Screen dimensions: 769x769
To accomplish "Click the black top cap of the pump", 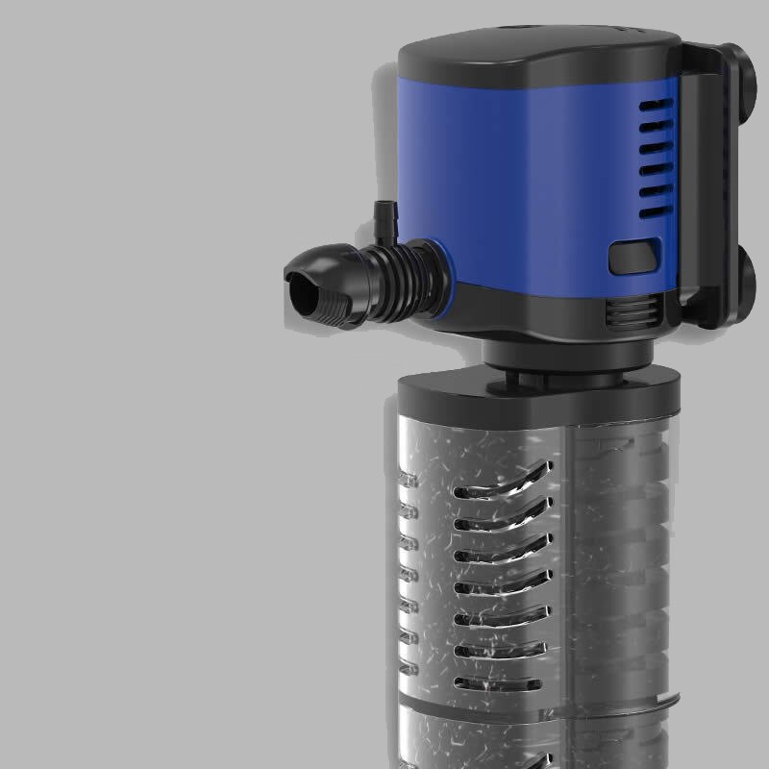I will click(x=538, y=48).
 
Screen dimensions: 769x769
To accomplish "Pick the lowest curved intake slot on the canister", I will click(x=498, y=684).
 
